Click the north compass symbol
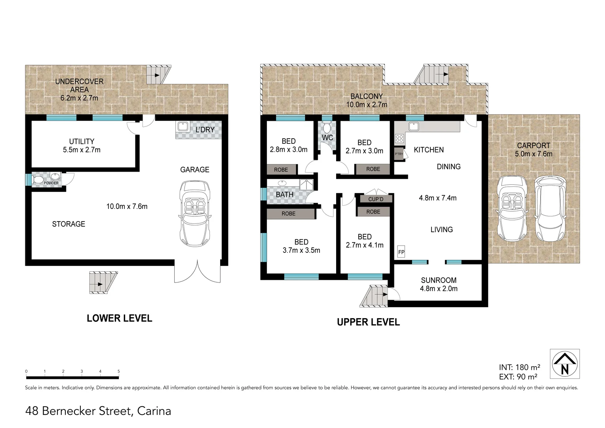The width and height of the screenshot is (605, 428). tap(565, 364)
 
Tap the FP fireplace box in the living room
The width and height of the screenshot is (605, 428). tap(401, 252)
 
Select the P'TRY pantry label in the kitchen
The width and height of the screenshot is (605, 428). tap(398, 154)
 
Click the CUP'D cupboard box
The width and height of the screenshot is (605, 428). tap(375, 199)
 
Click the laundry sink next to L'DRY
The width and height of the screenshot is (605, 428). tap(183, 126)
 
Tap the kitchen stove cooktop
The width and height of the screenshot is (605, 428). tap(399, 139)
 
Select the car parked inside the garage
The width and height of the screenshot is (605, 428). tap(194, 213)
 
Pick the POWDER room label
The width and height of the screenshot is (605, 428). tap(51, 183)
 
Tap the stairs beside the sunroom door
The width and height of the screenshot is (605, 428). tap(376, 295)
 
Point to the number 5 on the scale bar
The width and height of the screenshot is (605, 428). tap(119, 371)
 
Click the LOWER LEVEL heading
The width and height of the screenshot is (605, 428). tap(119, 318)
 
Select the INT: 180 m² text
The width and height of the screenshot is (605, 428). tap(519, 367)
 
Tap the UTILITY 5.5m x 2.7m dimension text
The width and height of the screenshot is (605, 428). tap(82, 150)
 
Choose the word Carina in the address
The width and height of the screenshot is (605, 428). tap(154, 411)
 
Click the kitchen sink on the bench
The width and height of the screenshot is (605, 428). tap(414, 126)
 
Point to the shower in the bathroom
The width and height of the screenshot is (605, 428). tap(307, 185)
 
